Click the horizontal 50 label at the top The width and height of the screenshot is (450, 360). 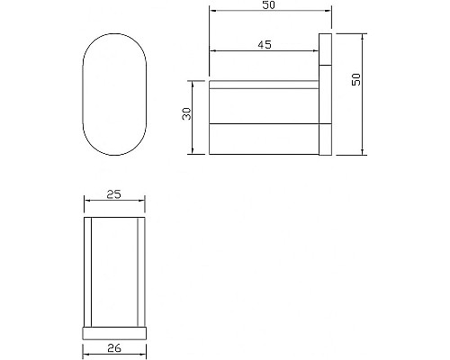pos(267,6)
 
